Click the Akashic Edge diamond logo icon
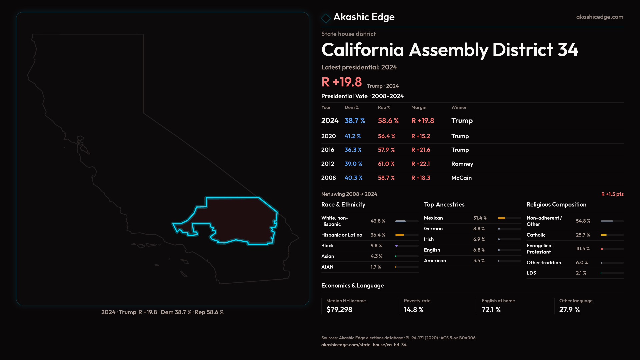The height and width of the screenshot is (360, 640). click(x=326, y=18)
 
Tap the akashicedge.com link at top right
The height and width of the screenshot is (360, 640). click(x=600, y=17)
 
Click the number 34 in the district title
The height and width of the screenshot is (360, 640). click(x=568, y=50)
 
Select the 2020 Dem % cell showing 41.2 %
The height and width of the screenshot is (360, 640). click(x=353, y=136)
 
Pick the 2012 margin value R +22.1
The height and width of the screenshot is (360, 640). click(x=420, y=164)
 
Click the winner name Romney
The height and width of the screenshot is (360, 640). click(x=462, y=164)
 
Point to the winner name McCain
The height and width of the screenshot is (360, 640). click(x=461, y=178)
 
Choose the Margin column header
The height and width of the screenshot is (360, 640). click(x=419, y=107)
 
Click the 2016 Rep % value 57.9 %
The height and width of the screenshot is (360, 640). click(x=386, y=150)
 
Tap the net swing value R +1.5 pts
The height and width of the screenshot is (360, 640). click(x=612, y=194)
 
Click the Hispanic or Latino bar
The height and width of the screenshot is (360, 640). click(x=400, y=235)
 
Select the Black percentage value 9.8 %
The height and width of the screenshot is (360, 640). click(x=376, y=246)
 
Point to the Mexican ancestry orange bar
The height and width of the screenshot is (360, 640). click(x=502, y=218)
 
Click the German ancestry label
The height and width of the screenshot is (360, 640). click(x=433, y=229)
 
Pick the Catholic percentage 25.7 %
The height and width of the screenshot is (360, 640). click(x=583, y=235)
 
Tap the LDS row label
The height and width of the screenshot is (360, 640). click(x=531, y=273)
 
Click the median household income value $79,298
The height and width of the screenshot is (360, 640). click(x=339, y=310)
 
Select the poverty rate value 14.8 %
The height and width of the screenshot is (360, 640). click(x=414, y=310)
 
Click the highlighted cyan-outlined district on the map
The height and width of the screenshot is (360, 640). click(x=240, y=220)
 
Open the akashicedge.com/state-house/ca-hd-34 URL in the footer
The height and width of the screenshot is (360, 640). click(x=364, y=345)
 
